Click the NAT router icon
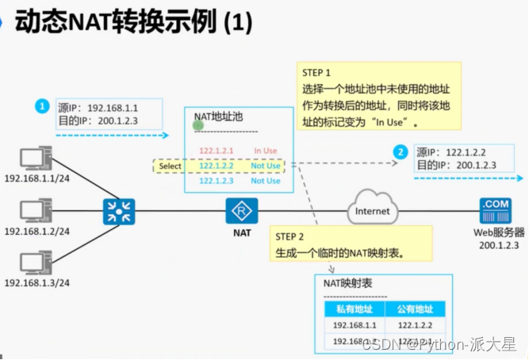click(239, 212)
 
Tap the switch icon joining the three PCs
click(118, 212)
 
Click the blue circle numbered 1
click(42, 105)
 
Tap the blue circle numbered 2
click(401, 151)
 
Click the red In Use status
click(266, 151)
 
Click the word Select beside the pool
click(170, 167)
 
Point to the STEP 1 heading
click(316, 71)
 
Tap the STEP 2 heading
click(289, 236)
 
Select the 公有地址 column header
click(416, 309)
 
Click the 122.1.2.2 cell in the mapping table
click(416, 325)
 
